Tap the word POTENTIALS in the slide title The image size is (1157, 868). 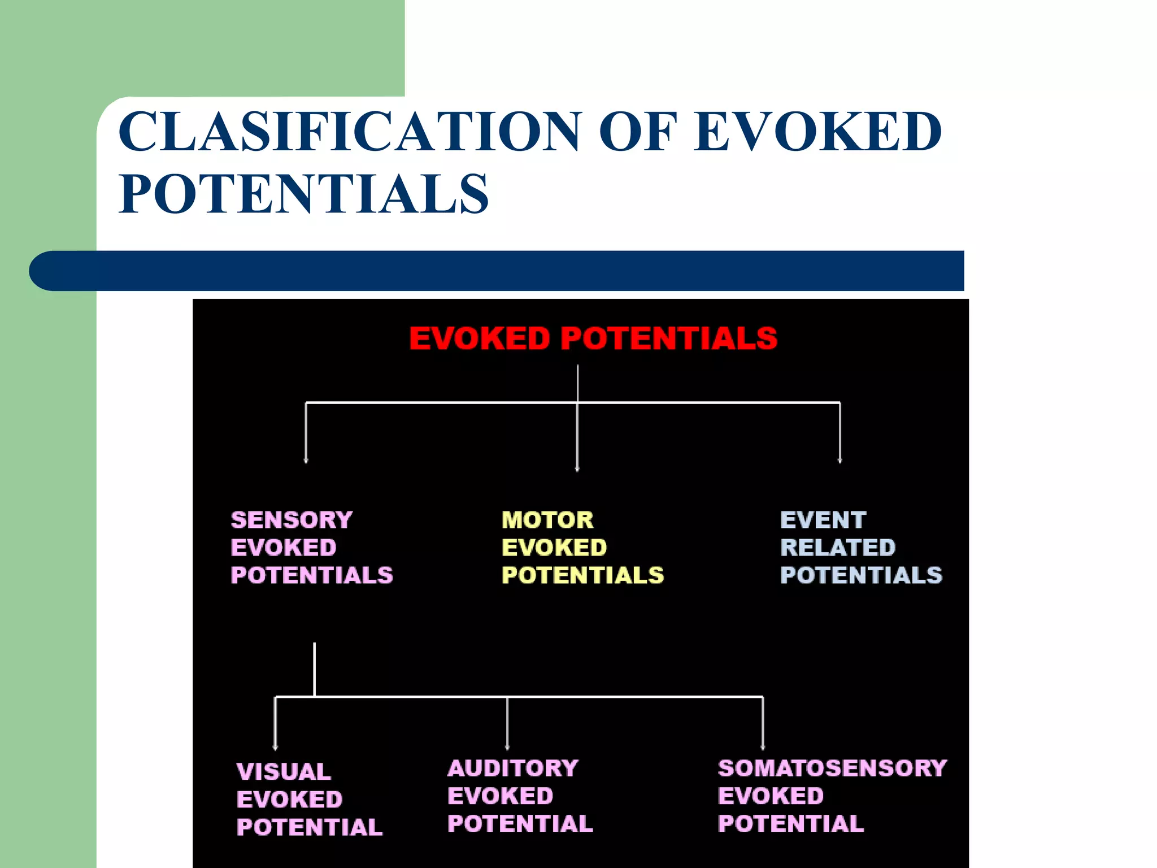(304, 194)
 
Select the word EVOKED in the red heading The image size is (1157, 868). (479, 338)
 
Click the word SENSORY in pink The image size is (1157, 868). (292, 520)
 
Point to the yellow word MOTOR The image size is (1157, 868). (547, 520)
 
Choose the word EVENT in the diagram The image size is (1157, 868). (823, 520)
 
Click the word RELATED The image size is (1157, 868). (838, 548)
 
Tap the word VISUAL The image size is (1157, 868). (284, 772)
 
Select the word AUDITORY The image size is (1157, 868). (513, 769)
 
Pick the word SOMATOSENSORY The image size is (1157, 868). (832, 769)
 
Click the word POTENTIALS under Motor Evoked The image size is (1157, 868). (582, 575)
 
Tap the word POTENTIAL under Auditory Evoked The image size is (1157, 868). (520, 824)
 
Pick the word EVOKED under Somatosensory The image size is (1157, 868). (771, 796)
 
